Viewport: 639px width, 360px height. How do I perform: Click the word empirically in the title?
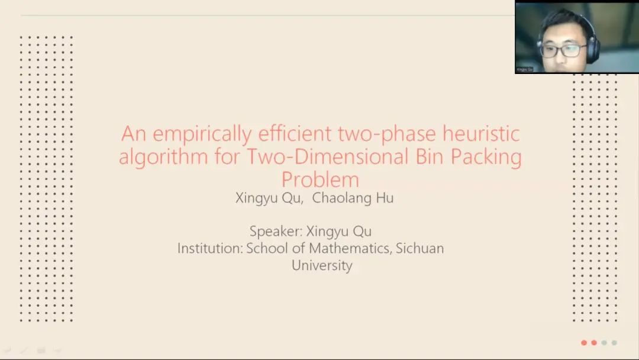click(x=202, y=134)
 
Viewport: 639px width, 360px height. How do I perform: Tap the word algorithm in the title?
click(x=163, y=157)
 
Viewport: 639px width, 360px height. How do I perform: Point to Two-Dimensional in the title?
click(x=327, y=156)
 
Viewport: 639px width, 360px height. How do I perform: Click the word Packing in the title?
click(x=486, y=157)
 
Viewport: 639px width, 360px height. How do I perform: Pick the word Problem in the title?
click(x=320, y=179)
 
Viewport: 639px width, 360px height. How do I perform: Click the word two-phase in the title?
click(x=387, y=134)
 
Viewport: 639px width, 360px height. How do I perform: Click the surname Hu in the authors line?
click(x=385, y=198)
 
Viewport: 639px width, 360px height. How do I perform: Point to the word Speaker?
click(x=276, y=232)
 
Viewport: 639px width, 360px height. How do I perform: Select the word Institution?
click(x=210, y=248)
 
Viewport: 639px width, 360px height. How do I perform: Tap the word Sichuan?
click(x=419, y=248)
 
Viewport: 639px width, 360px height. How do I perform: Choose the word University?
click(x=322, y=265)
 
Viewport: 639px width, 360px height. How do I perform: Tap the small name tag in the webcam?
click(x=524, y=70)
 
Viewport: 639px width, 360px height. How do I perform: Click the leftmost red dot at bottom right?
click(x=584, y=343)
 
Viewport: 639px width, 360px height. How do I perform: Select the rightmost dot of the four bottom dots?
click(x=614, y=343)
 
